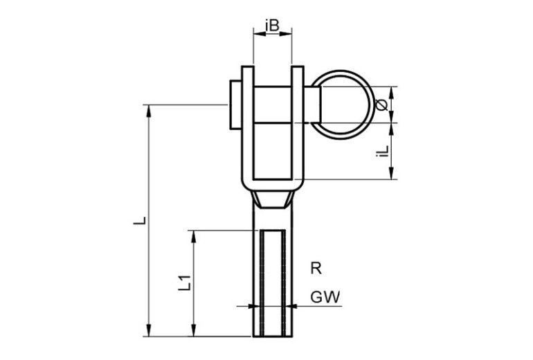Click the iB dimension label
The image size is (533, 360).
(x=272, y=25)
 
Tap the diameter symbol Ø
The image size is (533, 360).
(x=381, y=105)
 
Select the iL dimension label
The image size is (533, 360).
(x=382, y=152)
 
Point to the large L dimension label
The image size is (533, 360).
(x=139, y=220)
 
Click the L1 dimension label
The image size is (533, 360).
(x=184, y=283)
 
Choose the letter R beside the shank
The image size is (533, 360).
(x=316, y=268)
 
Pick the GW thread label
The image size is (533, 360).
(x=325, y=297)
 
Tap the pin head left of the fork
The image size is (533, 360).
(x=235, y=105)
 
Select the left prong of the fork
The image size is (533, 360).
(x=248, y=123)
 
